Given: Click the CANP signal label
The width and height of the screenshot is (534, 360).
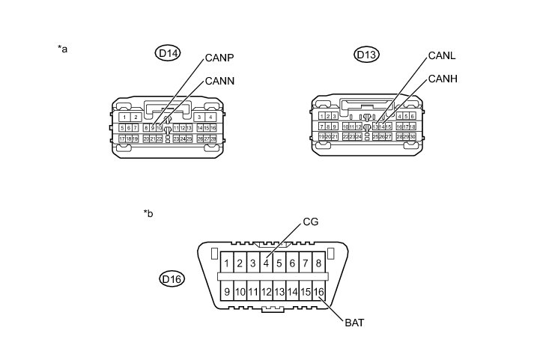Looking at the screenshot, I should click(x=221, y=58).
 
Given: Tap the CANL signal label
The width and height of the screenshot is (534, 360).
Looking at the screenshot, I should click(x=442, y=56).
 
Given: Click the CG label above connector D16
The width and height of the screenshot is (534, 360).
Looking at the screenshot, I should click(x=311, y=222).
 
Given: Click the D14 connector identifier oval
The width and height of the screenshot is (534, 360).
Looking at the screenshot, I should click(x=168, y=53).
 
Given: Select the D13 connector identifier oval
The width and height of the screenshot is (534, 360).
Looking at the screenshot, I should click(x=367, y=54).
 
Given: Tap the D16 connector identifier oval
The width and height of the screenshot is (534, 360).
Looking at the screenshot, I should click(x=172, y=279).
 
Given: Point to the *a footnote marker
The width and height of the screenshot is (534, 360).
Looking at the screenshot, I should click(x=63, y=49).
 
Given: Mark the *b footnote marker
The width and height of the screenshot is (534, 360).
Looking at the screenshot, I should click(x=148, y=213).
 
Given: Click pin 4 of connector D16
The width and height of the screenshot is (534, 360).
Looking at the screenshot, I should click(x=266, y=263).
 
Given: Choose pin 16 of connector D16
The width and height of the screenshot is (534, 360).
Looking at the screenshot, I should click(x=319, y=292).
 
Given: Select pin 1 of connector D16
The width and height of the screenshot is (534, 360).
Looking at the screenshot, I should click(x=226, y=263).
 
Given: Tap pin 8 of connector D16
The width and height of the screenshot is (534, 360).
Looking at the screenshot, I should click(x=319, y=263).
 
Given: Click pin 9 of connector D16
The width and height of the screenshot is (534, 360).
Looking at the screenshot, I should click(x=226, y=292).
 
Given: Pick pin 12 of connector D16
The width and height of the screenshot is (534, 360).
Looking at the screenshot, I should click(x=266, y=292).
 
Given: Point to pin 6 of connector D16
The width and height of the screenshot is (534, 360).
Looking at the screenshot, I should click(x=292, y=263).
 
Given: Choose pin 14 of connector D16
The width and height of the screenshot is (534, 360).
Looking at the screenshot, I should click(x=292, y=292).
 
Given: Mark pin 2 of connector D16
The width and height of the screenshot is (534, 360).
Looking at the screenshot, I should click(x=240, y=263).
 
